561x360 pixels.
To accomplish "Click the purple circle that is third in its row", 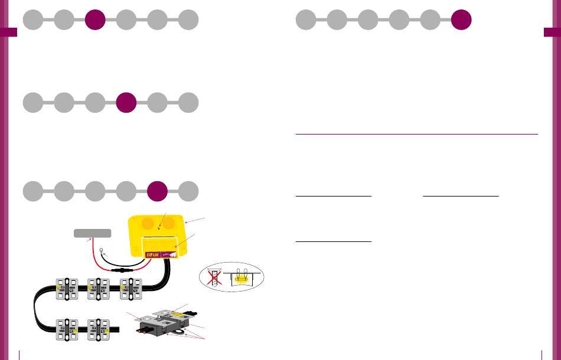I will (95, 20).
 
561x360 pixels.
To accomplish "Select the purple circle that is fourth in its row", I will (126, 103).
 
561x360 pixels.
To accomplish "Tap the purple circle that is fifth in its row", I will (158, 191).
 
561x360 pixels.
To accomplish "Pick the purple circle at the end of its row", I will (461, 20).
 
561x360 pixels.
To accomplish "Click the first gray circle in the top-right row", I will (305, 20).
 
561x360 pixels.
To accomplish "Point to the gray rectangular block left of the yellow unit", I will (92, 233).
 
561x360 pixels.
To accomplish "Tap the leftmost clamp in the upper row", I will (67, 288).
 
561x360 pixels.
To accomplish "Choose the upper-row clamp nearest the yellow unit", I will (131, 288).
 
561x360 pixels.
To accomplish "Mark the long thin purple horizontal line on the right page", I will (416, 134).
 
